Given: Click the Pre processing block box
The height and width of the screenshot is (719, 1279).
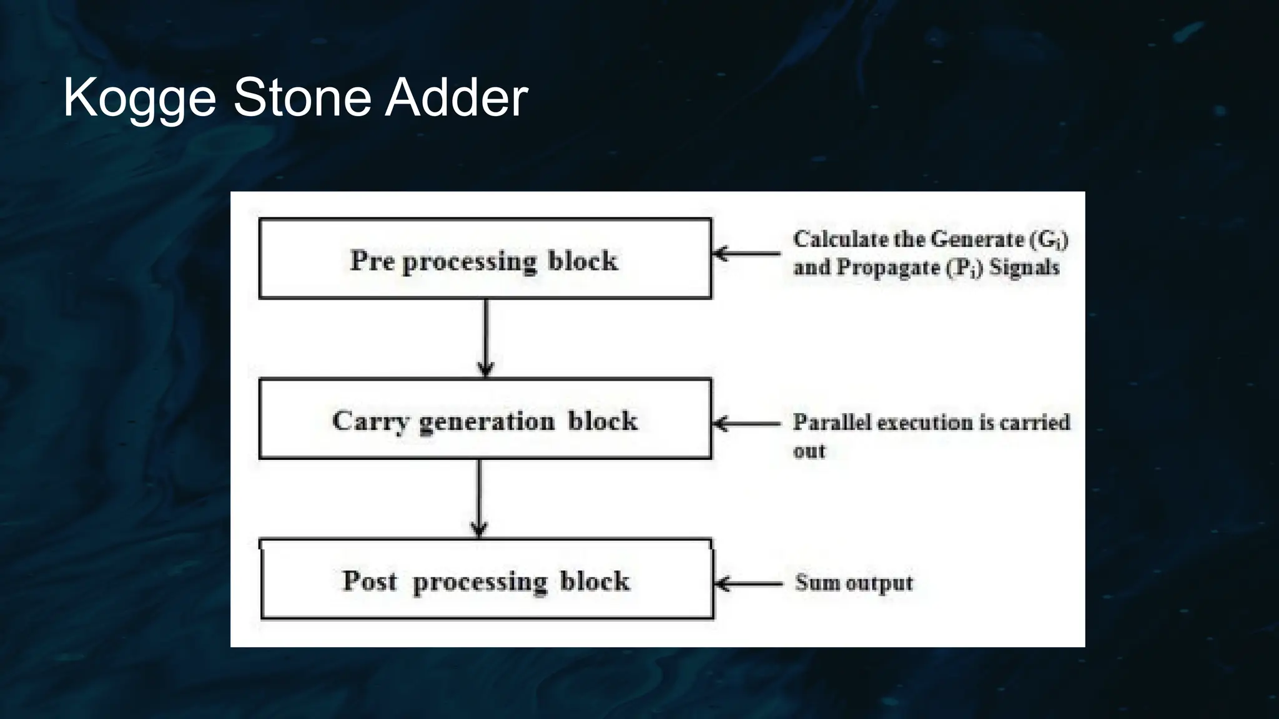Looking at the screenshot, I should [485, 258].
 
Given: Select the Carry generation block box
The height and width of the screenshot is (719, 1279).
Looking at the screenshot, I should [485, 419].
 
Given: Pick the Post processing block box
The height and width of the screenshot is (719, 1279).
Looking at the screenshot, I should [486, 579].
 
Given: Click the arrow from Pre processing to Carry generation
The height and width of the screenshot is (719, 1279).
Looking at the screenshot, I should [486, 337].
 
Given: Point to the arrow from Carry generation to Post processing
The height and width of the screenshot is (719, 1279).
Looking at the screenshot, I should [479, 498].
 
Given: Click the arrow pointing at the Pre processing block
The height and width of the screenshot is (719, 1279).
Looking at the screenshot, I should [746, 253].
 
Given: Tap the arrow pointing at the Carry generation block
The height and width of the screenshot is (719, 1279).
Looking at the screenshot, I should [746, 424].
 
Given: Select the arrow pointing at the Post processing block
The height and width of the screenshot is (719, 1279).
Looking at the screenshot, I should [748, 584].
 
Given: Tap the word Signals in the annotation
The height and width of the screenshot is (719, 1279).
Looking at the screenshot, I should [1024, 267].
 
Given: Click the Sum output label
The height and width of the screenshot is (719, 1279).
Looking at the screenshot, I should [854, 582].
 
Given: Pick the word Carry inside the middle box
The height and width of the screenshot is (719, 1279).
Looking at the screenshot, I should [370, 421].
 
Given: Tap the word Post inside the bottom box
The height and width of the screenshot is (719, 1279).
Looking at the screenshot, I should [369, 580].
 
